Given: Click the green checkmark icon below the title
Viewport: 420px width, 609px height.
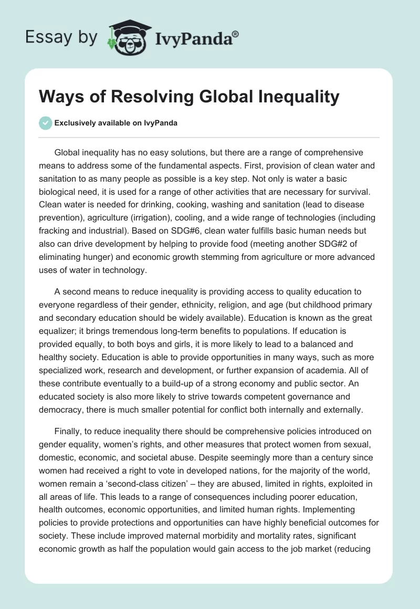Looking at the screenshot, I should (45, 123).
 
